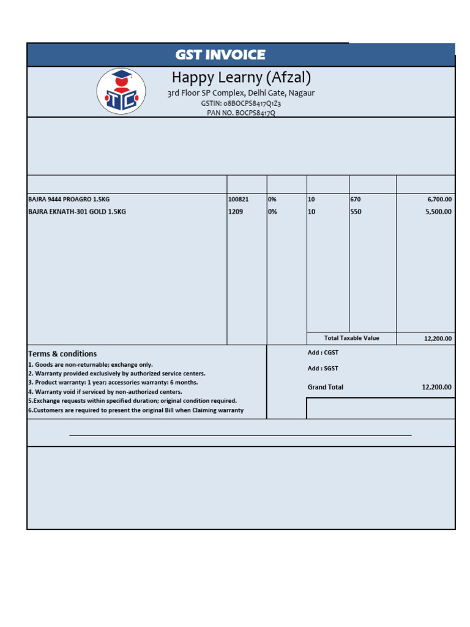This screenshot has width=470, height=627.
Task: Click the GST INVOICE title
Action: pos(220,55)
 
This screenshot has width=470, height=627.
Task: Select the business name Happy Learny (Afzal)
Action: pos(241,78)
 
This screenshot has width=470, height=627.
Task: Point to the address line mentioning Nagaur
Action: pos(241,93)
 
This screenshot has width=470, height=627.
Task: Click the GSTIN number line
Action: pos(241,103)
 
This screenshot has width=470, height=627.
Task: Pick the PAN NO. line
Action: pos(241,113)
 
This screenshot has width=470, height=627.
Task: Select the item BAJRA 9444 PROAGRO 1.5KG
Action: pos(69,200)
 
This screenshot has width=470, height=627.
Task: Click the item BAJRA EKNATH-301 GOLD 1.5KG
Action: pos(77,212)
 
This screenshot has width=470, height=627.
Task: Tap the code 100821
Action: pos(239,200)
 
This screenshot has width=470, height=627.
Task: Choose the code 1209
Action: pos(236,212)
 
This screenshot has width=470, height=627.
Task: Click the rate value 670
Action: pos(356,200)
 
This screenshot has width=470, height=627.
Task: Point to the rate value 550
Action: pos(356,212)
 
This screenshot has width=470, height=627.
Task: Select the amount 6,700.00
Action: pos(439,200)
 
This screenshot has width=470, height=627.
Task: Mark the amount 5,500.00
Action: pos(439,212)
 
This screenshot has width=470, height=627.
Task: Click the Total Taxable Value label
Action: pos(352,338)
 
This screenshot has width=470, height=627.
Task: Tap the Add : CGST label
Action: pos(323,353)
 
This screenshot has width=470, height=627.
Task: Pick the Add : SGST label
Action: pos(323,369)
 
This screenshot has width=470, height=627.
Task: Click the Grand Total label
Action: pos(326,387)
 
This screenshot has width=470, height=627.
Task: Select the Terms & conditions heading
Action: pos(62,354)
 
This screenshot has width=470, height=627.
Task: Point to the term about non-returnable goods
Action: pos(91,364)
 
